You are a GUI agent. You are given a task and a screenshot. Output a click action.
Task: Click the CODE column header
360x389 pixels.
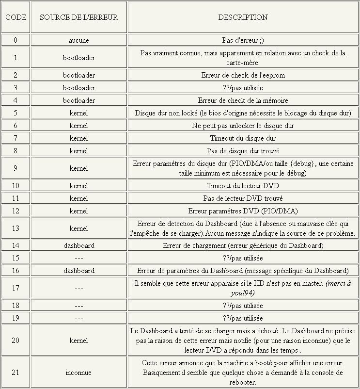16,17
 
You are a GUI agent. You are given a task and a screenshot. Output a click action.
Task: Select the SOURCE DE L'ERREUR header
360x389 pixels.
78,17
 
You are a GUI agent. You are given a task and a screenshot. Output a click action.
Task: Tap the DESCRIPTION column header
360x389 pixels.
243,17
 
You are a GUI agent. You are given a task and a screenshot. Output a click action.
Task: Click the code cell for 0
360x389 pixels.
16,40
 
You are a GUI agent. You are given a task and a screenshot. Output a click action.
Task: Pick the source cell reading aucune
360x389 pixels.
78,40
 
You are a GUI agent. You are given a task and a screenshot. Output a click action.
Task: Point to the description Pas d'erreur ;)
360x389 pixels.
243,40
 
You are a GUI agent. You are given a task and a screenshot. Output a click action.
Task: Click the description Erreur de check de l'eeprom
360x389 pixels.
243,75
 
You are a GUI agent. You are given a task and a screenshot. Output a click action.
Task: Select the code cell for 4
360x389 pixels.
16,100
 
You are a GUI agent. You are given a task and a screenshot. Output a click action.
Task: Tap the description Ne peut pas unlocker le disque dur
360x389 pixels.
243,126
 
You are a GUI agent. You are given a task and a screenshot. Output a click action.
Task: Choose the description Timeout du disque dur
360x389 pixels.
243,138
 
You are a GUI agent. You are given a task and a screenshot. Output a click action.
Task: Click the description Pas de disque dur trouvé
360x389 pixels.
243,151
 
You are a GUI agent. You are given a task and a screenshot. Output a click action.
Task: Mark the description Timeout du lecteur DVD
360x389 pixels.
243,186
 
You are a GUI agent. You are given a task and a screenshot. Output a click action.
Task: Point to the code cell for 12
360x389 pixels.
16,211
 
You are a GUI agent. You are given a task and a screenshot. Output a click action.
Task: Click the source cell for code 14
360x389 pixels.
78,246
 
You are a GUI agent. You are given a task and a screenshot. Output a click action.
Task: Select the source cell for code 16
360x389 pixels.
78,271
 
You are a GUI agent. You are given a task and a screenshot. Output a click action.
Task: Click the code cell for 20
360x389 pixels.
16,340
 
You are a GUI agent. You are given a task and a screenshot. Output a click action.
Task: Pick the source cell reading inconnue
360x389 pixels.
78,373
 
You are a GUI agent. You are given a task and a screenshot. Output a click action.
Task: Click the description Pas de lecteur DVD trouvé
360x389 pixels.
243,198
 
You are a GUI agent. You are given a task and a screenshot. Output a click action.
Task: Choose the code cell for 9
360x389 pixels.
16,168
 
